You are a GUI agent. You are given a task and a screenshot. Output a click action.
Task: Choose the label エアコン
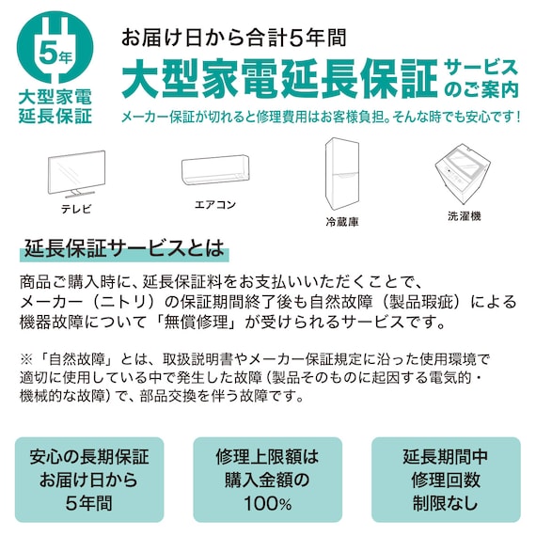pos(215,204)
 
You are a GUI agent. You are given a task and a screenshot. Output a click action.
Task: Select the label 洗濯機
pos(464,215)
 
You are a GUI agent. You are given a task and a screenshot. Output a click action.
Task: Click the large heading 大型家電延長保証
pos(279,79)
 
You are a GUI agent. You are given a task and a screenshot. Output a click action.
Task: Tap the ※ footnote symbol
pos(25,359)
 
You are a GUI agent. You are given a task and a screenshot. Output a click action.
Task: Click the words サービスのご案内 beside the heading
pos(481,78)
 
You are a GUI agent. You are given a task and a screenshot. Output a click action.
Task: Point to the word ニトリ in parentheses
pos(160,302)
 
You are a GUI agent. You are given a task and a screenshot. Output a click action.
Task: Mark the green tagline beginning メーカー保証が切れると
pos(320,118)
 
